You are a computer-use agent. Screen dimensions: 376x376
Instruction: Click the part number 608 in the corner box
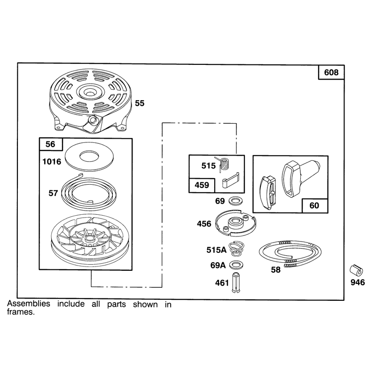(x=331, y=72)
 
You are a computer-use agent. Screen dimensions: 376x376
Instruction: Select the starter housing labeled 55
(x=91, y=101)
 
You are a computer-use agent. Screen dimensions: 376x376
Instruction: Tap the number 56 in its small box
(x=50, y=144)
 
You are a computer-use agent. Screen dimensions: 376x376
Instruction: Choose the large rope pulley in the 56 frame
(x=90, y=240)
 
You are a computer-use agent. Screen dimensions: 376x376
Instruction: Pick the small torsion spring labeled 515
(x=224, y=164)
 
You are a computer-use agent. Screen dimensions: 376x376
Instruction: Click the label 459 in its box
(x=202, y=185)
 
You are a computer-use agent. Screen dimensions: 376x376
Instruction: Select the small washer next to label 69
(x=235, y=201)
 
